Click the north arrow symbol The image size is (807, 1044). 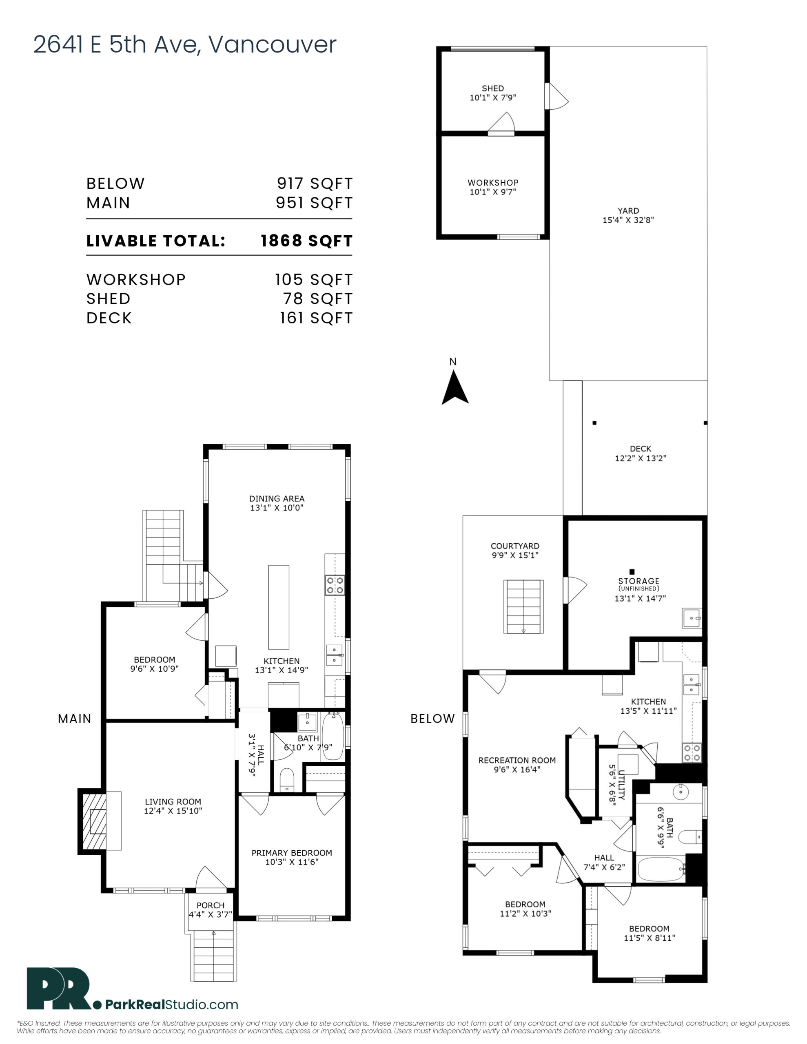point(454,388)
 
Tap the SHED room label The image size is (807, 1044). point(493,88)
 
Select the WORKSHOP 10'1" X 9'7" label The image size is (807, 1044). point(493,187)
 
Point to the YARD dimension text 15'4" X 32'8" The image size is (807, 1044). point(628,220)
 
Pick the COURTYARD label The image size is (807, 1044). point(515,546)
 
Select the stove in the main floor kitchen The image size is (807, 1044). point(335,585)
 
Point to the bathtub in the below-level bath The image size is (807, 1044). point(662,869)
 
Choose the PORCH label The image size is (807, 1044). point(211,905)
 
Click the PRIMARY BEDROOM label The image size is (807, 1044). point(292,853)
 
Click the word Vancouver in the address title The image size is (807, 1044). point(273,44)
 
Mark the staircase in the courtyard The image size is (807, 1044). point(524,606)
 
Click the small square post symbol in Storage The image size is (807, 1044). point(632,572)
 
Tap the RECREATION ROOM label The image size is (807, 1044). point(517,760)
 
